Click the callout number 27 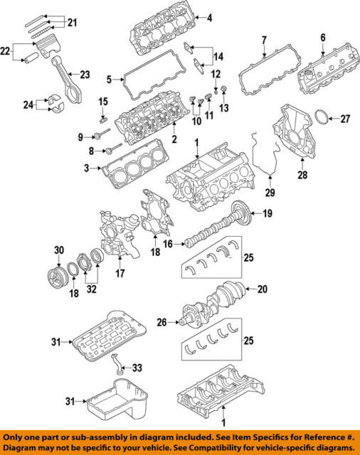[x=345, y=119]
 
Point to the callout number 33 [x=137, y=368]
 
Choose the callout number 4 [x=209, y=18]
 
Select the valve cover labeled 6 [x=329, y=70]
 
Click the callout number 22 [x=5, y=52]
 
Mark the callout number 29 [x=270, y=192]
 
